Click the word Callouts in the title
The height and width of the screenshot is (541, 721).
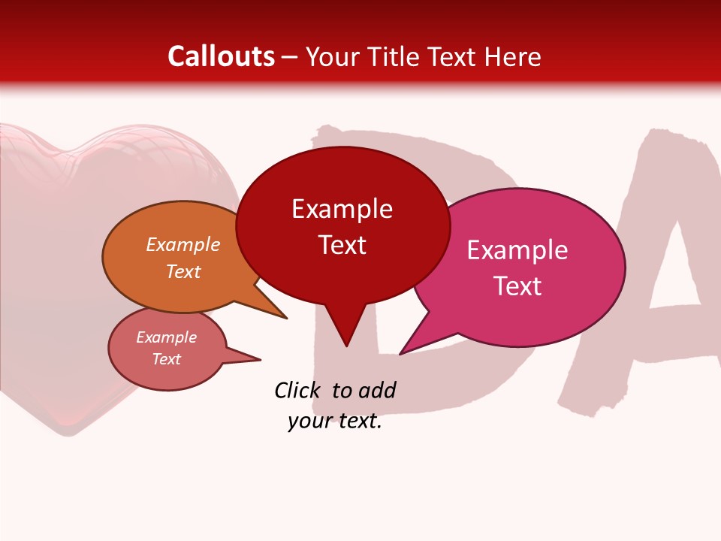(x=221, y=56)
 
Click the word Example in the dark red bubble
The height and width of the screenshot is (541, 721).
(x=342, y=209)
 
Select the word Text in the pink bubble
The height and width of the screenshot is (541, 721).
(x=517, y=286)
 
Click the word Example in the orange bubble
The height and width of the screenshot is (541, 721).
(x=183, y=245)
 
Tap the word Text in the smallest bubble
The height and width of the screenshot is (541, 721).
(x=167, y=359)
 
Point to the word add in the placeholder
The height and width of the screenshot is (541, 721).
(x=377, y=390)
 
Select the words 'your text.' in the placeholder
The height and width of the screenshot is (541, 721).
(x=335, y=422)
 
